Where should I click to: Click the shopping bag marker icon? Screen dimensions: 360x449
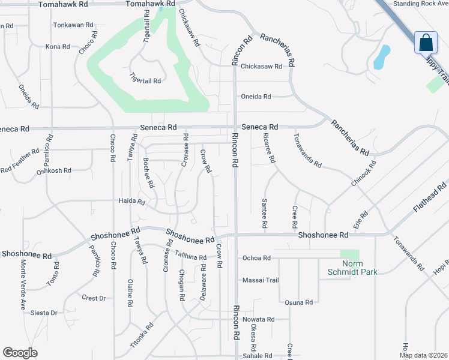pos(426,43)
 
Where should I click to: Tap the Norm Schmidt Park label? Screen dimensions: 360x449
pos(360,268)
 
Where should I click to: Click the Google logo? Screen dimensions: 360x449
pos(20,353)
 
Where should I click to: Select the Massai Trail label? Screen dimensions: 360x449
pos(261,280)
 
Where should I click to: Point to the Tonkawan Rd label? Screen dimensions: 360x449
pos(73,25)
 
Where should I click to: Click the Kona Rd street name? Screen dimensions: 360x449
pos(57,46)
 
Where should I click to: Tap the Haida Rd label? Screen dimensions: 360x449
pos(132,202)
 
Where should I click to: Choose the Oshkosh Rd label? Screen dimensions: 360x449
pos(54,170)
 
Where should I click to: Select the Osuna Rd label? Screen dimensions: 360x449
pos(299,302)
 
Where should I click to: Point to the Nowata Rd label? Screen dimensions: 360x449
pos(258,319)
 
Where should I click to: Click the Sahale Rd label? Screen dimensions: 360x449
pos(258,356)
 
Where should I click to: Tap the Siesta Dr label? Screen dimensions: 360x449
pos(45,313)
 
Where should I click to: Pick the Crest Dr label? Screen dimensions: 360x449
pos(94,298)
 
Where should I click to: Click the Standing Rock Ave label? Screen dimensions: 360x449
pos(420,4)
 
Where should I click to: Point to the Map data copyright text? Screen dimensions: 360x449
pos(423,355)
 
